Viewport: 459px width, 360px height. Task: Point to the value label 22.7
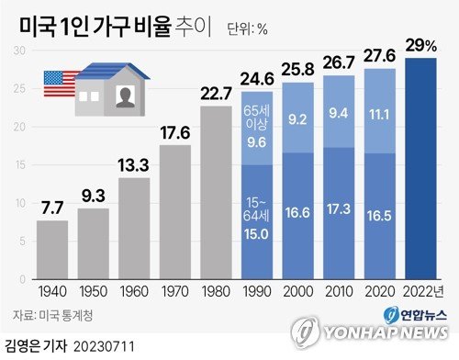tap(216, 91)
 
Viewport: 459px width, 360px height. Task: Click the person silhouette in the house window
tap(125, 96)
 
